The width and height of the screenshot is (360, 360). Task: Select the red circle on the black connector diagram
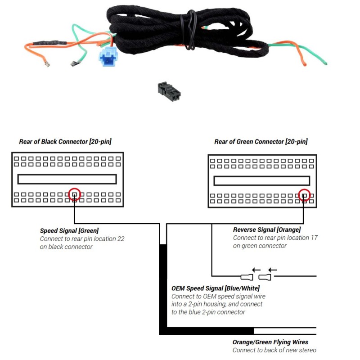(x=75, y=194)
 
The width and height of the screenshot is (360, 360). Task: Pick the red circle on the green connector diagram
(x=305, y=195)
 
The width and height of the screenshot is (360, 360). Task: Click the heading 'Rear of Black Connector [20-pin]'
(x=65, y=142)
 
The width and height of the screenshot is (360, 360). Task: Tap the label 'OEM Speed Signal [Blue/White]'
(x=216, y=288)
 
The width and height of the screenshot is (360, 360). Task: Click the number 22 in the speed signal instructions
(x=121, y=239)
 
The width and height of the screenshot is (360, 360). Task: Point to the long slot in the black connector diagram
(x=67, y=179)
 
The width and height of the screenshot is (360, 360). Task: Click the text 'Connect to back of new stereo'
(x=274, y=350)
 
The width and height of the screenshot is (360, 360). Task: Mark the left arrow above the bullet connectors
(x=256, y=270)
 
